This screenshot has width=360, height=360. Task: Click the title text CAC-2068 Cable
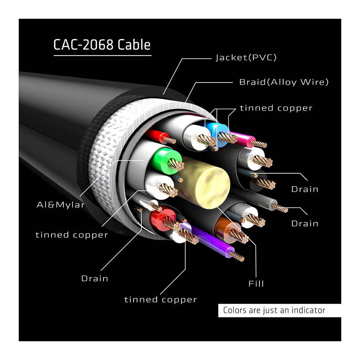pos(102,45)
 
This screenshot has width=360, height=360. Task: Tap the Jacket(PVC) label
pos(246,57)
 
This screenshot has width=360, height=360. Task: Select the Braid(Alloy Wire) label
pos(284,82)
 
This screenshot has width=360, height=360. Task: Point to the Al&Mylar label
pos(61,205)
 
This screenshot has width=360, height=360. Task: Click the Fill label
pos(256,283)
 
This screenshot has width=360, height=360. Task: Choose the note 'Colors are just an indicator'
pos(274,310)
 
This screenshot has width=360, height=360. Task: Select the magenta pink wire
pos(243,139)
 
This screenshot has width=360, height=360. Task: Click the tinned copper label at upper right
pos(276,108)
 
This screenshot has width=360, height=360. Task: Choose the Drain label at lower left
pos(94,279)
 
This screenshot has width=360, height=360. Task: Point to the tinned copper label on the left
pos(72,235)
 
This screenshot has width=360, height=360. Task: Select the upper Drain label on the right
pos(304,189)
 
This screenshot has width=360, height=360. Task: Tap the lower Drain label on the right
pos(304,223)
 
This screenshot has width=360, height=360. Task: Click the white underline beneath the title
pos(102,55)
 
